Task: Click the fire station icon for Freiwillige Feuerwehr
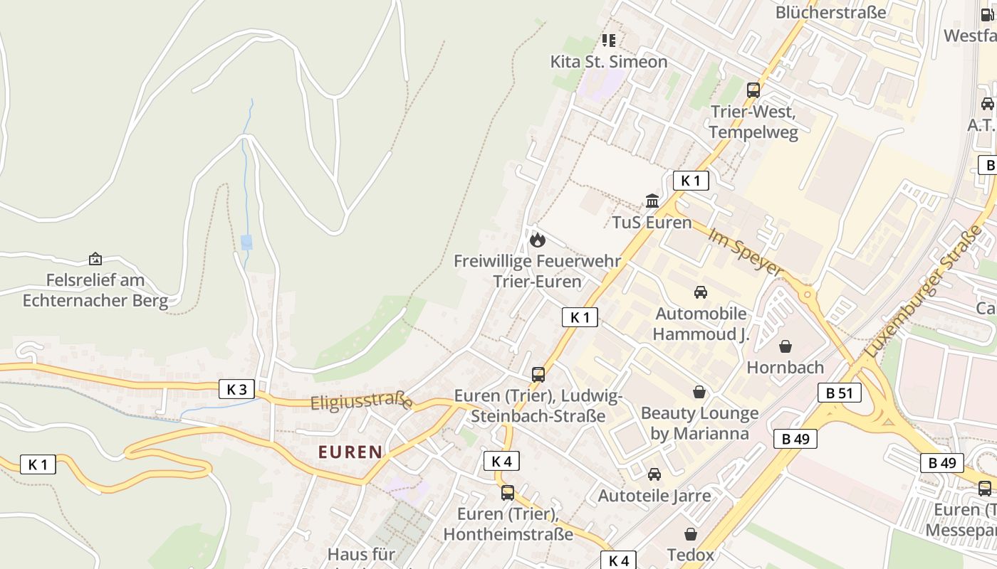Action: click(538, 240)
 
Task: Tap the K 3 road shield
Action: click(236, 389)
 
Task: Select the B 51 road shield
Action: click(839, 393)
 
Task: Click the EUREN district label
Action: click(350, 452)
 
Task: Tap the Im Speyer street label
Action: click(745, 252)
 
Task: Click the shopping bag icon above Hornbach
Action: click(785, 346)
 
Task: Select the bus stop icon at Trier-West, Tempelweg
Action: click(753, 90)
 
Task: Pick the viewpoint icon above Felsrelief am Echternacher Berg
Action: click(95, 260)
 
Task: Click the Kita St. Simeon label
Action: click(609, 62)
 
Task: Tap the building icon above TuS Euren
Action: click(652, 201)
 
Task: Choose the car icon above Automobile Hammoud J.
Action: click(701, 292)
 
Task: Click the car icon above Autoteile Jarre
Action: click(654, 474)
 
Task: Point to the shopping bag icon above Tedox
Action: click(690, 533)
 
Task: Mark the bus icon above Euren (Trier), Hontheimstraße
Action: click(507, 492)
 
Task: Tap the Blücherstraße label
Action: click(830, 12)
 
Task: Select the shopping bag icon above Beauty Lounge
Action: click(699, 392)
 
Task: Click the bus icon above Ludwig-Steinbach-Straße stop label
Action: click(538, 375)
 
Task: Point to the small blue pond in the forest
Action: click(246, 242)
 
